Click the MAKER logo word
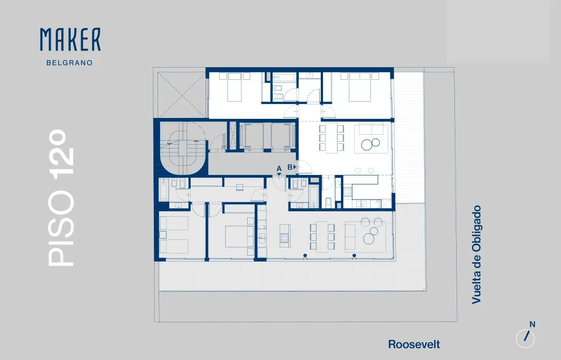point(71,39)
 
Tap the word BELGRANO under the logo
point(70,63)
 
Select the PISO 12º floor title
point(61,198)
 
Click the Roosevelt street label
point(414,345)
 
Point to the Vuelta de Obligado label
point(476,255)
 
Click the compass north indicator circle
point(525,339)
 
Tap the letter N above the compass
point(532,324)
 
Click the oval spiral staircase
point(183,148)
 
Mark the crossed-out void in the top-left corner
point(181,95)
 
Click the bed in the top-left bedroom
point(234,87)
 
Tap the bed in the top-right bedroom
point(360,87)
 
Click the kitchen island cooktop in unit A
point(284,238)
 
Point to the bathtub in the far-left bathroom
point(163,189)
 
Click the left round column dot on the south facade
point(305,256)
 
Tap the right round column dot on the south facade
point(354,256)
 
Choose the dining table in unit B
point(331,138)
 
